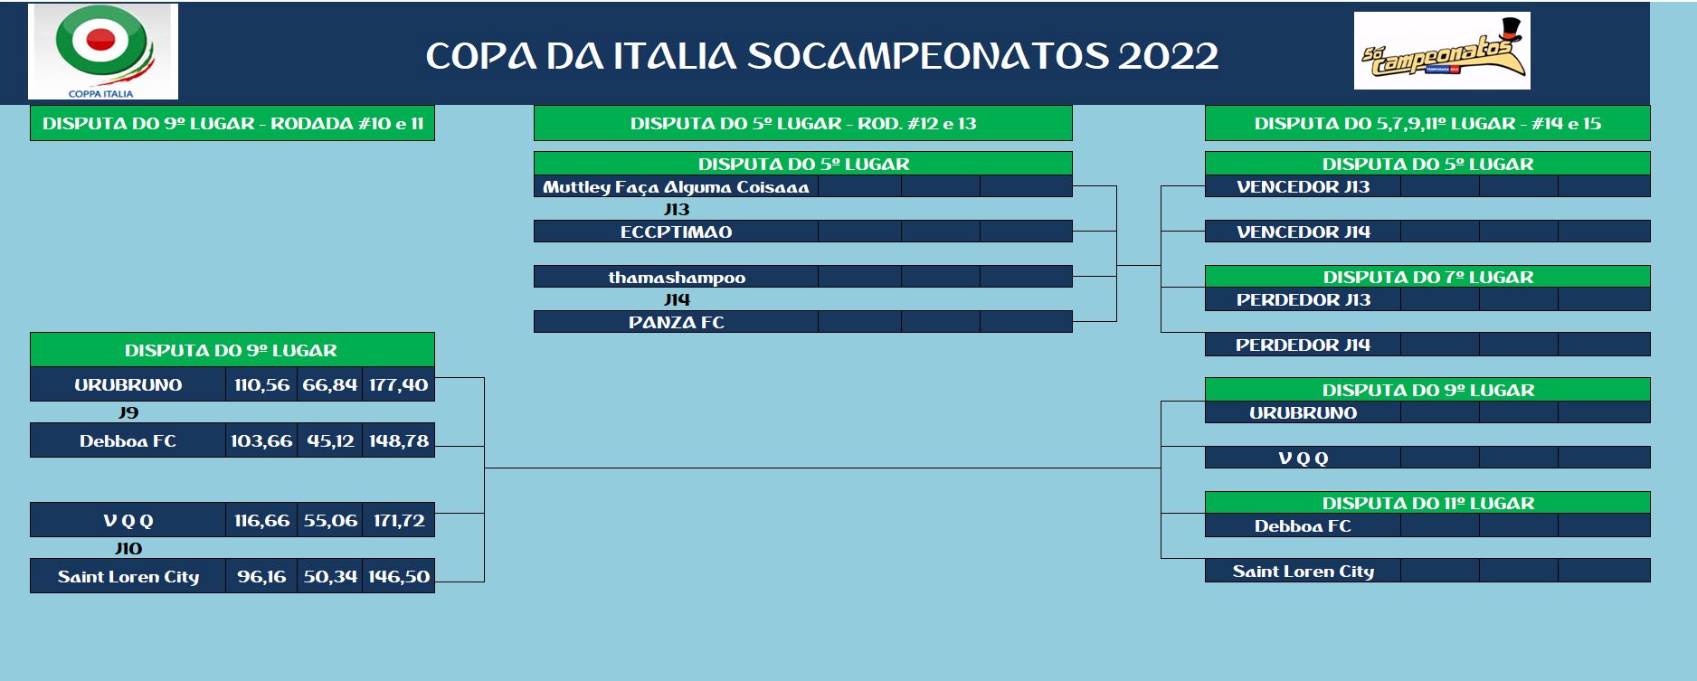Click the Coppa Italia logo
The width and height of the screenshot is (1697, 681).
click(x=102, y=52)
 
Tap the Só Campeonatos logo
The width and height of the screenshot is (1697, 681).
click(x=1442, y=51)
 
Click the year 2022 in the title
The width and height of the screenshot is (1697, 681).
click(x=1168, y=56)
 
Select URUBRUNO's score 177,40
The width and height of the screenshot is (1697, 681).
click(x=398, y=384)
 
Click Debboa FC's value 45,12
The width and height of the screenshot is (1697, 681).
click(x=330, y=440)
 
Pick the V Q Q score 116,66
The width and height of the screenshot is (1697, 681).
click(x=261, y=520)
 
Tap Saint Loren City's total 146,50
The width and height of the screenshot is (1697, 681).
click(x=399, y=576)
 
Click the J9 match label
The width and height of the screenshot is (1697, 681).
click(x=128, y=412)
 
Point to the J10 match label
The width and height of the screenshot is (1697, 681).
click(x=128, y=548)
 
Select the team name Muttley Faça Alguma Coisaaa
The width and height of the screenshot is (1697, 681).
click(x=676, y=187)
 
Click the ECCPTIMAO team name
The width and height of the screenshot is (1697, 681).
click(x=676, y=232)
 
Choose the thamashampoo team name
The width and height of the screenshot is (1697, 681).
click(x=677, y=278)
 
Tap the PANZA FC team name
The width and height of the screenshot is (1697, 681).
click(x=677, y=322)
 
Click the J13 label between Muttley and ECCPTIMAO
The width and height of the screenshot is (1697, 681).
click(x=677, y=209)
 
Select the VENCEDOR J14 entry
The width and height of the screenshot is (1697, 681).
click(x=1304, y=232)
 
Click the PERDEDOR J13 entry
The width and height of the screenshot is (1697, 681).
click(x=1304, y=299)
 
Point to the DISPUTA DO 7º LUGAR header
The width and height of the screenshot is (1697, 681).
click(x=1427, y=277)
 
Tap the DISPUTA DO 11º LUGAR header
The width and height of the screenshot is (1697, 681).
click(x=1427, y=503)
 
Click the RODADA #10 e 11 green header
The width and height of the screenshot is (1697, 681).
click(x=232, y=123)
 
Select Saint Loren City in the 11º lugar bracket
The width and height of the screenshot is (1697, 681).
click(x=1304, y=571)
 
